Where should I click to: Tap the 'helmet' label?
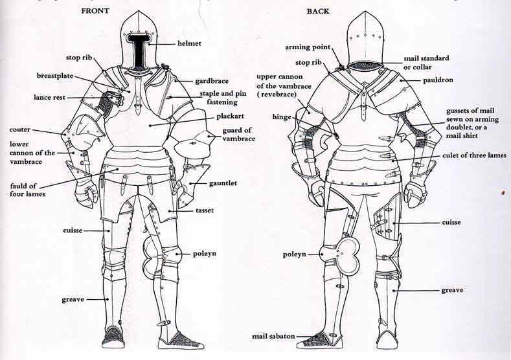click(x=192, y=43)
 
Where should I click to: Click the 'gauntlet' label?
click(x=222, y=183)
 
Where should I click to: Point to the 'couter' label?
click(x=20, y=129)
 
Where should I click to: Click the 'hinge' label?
click(x=283, y=117)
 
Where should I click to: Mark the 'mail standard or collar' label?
click(x=426, y=62)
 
